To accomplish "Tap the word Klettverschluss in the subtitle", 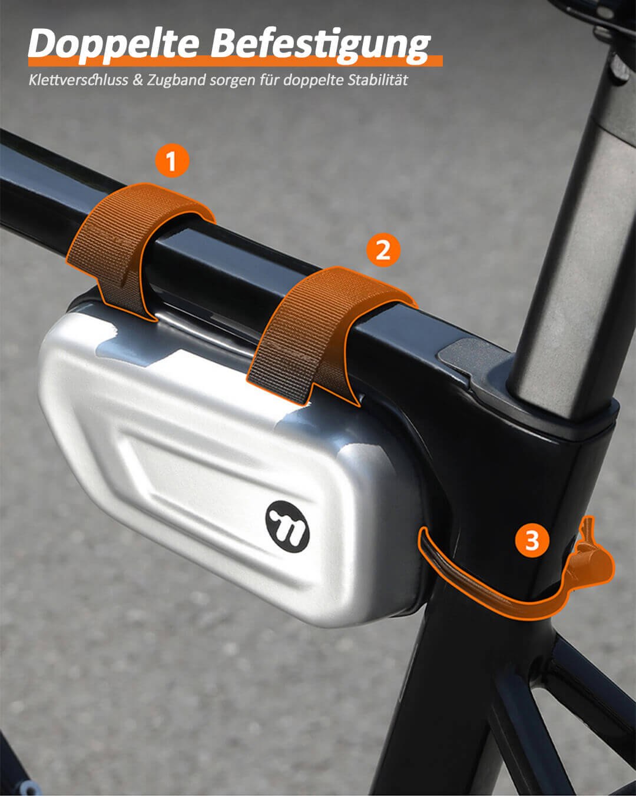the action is [x=78, y=80].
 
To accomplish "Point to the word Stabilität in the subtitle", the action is [x=377, y=80].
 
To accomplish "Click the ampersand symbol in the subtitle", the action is [x=137, y=80].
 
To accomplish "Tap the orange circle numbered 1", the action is [x=172, y=161].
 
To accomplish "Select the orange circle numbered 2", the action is [x=383, y=250].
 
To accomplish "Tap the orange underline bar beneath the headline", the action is [x=236, y=61].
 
